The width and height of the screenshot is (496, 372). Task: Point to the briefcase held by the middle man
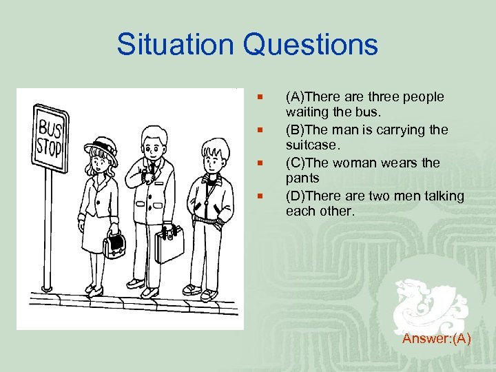[169, 244]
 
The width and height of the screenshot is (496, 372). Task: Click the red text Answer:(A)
[437, 338]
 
